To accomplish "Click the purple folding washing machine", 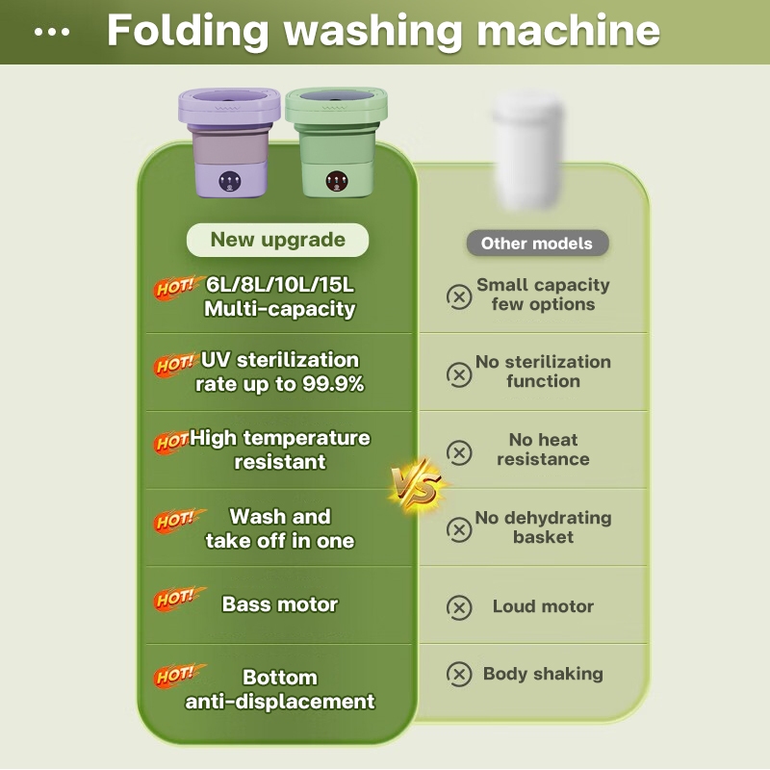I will click(229, 144).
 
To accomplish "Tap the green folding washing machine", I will click(334, 144).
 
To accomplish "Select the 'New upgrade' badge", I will click(278, 240).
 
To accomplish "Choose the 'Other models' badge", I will click(537, 243).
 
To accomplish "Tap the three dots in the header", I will click(52, 32).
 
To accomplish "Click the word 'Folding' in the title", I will click(189, 30).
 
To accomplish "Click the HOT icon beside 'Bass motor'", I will click(177, 599).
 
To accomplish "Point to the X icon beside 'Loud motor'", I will click(459, 607).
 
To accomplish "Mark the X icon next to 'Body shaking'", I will click(459, 674).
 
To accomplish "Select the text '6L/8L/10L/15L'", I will click(280, 285).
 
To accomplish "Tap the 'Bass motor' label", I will click(280, 604).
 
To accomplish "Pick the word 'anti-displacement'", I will click(280, 702).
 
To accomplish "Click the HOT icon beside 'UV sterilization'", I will click(175, 365).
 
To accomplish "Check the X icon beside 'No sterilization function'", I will click(459, 373).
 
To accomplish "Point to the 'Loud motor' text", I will click(543, 606).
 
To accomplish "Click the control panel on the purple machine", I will click(230, 180).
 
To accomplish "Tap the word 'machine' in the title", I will click(569, 30).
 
